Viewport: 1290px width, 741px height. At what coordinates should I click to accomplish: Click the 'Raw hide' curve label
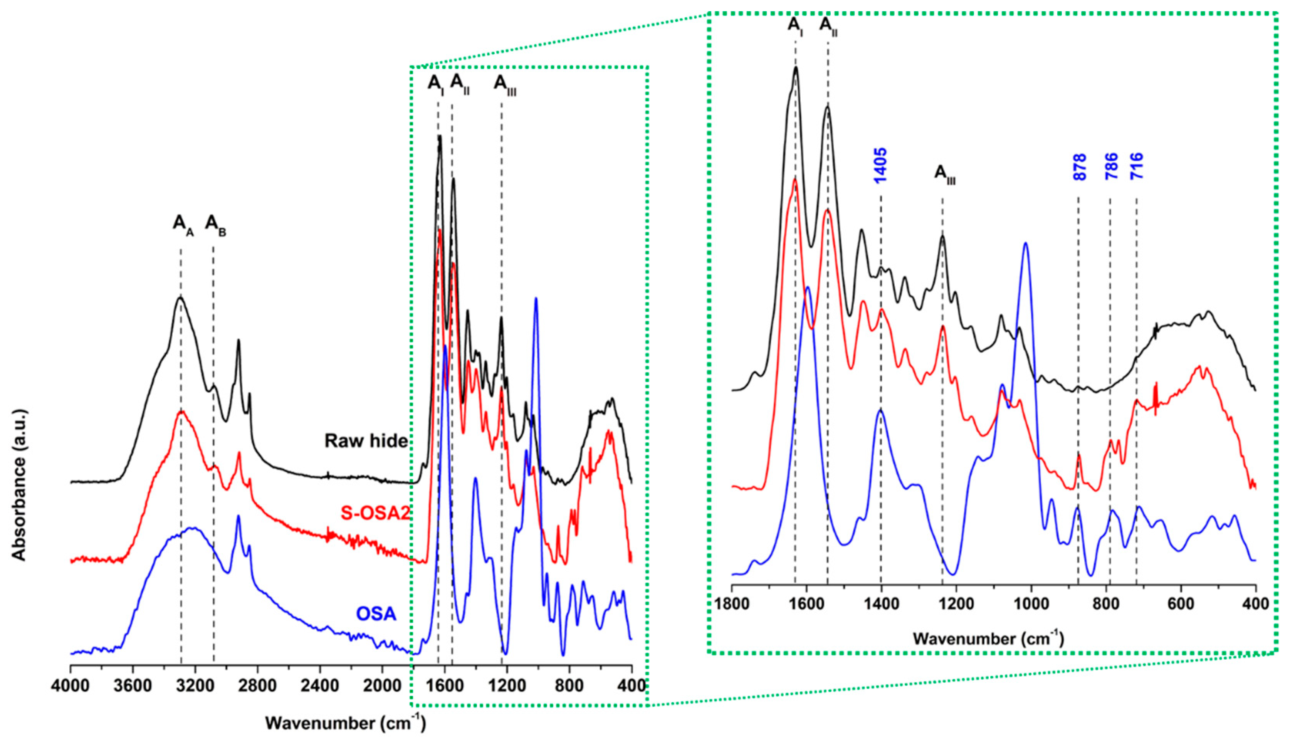coord(366,441)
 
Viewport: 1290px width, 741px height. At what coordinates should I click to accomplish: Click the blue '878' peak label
coord(1079,167)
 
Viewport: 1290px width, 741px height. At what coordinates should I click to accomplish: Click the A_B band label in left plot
coord(216,224)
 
